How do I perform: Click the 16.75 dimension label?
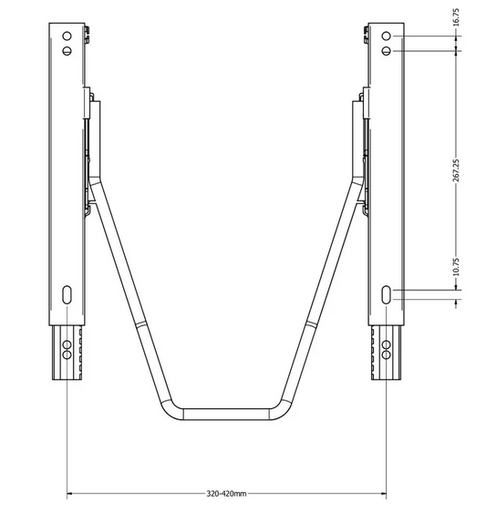click(x=457, y=17)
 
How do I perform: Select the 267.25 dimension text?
click(x=457, y=170)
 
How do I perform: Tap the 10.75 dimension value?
click(x=457, y=267)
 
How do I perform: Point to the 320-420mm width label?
click(x=226, y=493)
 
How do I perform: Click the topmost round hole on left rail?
click(x=67, y=36)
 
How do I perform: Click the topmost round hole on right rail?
click(x=386, y=36)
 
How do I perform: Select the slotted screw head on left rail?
click(x=67, y=51)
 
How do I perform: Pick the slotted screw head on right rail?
click(x=386, y=51)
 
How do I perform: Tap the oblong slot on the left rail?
click(x=67, y=294)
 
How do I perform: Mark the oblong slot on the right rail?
click(x=386, y=294)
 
